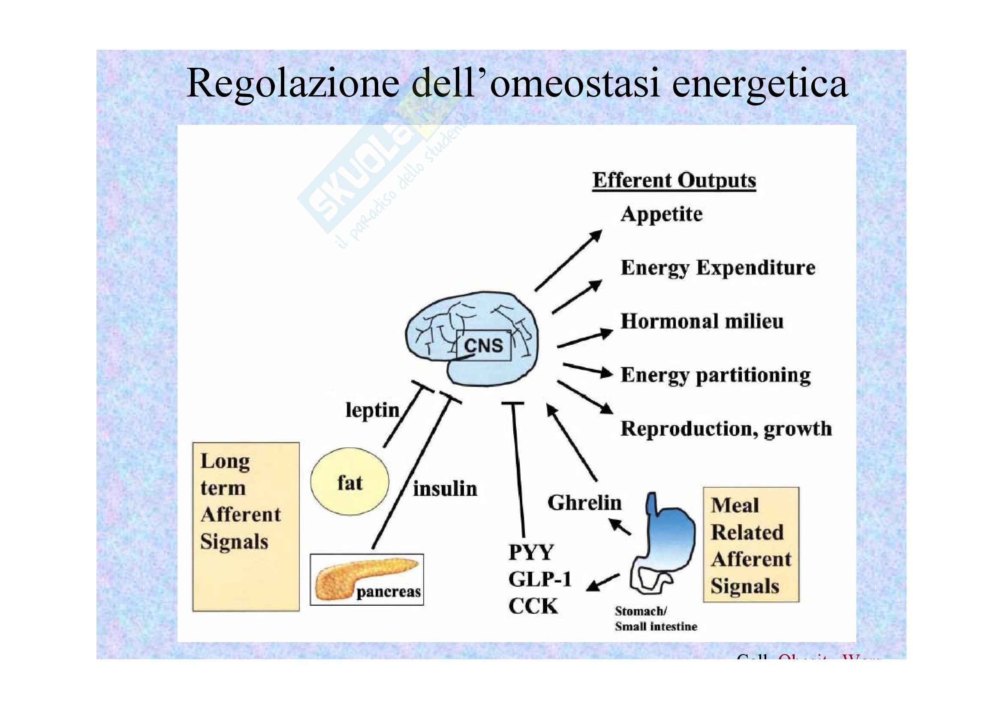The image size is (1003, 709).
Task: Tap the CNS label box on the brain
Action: (483, 346)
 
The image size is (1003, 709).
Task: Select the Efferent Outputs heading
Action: (674, 181)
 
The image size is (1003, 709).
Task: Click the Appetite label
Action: (661, 214)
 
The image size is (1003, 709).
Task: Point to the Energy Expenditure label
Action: (718, 268)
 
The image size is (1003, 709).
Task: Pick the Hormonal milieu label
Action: (702, 322)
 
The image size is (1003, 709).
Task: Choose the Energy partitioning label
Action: (716, 375)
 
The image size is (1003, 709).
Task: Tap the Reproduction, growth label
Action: (726, 429)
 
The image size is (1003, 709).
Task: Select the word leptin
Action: (372, 410)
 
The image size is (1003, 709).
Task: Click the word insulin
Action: (445, 489)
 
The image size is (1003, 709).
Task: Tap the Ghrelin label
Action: (584, 503)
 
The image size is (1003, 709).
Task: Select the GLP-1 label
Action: (540, 580)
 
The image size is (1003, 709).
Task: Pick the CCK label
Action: (533, 606)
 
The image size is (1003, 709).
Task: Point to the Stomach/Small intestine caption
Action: (655, 619)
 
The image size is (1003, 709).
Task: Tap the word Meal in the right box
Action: (735, 505)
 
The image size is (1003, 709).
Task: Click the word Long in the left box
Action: (225, 462)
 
